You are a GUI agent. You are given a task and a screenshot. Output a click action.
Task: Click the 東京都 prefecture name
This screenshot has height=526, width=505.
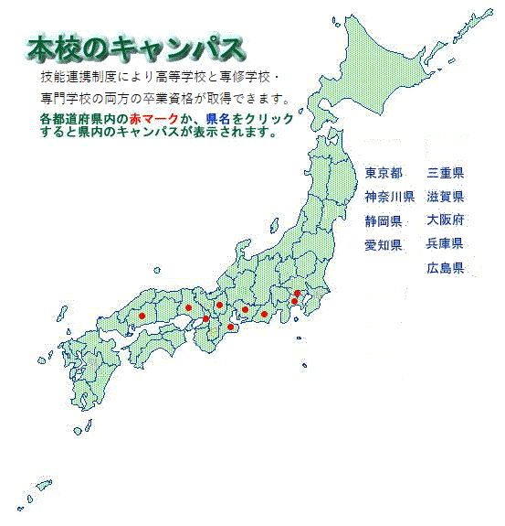click(384, 172)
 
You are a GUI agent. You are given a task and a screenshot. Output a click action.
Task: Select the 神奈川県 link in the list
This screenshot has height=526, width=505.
click(390, 196)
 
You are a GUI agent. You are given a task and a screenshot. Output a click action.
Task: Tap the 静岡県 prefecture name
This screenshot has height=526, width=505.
click(384, 220)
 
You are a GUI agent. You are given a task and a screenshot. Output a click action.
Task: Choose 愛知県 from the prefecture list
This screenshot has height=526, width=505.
click(384, 244)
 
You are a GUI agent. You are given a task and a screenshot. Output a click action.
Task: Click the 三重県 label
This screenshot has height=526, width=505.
click(446, 172)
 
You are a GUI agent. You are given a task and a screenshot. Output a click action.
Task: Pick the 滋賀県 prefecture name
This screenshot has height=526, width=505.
click(446, 196)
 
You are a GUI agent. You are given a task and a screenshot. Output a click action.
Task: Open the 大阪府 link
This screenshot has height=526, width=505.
click(446, 220)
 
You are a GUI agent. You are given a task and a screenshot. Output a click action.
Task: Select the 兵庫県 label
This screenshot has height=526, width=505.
click(446, 244)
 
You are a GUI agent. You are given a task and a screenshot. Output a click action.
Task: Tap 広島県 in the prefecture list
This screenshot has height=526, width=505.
click(446, 268)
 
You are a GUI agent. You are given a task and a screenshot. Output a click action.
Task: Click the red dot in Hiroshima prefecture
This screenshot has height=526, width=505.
click(142, 317)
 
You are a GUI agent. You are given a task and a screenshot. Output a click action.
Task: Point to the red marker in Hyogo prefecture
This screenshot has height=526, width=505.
click(188, 307)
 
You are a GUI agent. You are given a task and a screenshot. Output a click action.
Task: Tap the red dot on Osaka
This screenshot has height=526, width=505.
click(206, 318)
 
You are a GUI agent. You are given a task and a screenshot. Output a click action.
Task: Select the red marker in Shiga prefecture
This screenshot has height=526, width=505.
click(220, 305)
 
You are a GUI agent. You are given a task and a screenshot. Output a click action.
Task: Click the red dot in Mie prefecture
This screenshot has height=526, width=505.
click(231, 327)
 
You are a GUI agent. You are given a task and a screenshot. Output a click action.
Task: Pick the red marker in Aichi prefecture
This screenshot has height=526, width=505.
click(245, 309)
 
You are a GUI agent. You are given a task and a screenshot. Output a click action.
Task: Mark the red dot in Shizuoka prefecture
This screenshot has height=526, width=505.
click(264, 314)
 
